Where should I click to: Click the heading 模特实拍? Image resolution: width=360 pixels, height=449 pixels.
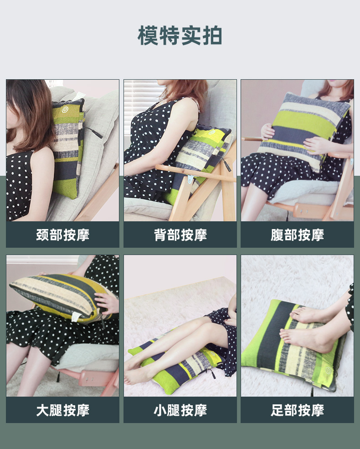pyautogui.click(x=180, y=36)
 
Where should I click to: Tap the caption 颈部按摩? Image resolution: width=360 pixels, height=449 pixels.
pyautogui.click(x=63, y=235)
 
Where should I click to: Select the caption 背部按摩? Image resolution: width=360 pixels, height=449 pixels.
pyautogui.click(x=180, y=235)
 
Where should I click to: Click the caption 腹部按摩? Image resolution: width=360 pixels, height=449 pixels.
pyautogui.click(x=297, y=235)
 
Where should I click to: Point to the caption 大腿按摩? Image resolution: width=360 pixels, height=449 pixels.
pyautogui.click(x=63, y=410)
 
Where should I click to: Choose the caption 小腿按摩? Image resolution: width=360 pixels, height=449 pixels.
pyautogui.click(x=180, y=410)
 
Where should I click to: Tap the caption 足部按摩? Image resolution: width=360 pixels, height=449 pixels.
pyautogui.click(x=297, y=410)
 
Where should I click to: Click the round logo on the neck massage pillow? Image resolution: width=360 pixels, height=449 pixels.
pyautogui.click(x=65, y=110)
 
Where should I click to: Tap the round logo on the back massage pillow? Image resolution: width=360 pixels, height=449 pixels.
pyautogui.click(x=212, y=132)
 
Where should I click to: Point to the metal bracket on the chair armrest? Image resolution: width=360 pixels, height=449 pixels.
pyautogui.click(x=190, y=180)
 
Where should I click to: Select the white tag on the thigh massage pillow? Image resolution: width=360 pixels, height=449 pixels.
pyautogui.click(x=76, y=317)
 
